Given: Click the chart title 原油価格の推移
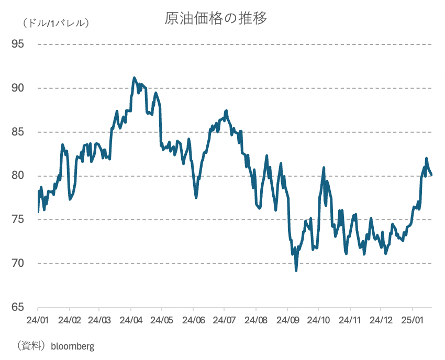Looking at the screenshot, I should pos(216,18).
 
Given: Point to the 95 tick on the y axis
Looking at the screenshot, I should pos(18,44).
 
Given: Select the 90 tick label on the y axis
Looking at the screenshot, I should pos(18,88).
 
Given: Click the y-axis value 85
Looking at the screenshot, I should pos(18,132).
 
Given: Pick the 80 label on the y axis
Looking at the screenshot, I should pos(18,175).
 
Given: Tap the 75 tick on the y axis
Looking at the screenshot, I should pos(18,219).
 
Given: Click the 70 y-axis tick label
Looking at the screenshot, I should pos(18,263).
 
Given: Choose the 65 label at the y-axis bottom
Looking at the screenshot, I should pos(18,307).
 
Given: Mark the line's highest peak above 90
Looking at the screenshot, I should pos(135,78).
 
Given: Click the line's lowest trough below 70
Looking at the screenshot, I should pos(296,270).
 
